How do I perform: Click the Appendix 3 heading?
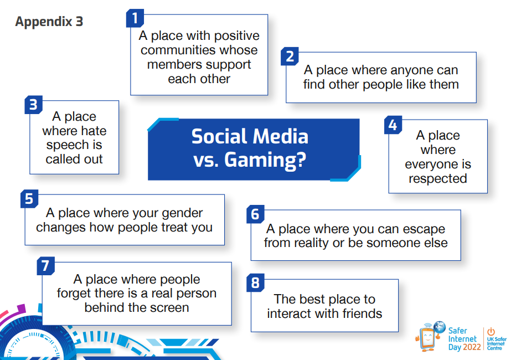tap(49, 22)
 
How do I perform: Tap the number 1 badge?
tap(135, 18)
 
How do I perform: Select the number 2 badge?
tap(290, 56)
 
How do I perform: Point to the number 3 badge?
tap(34, 105)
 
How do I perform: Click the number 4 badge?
tap(393, 125)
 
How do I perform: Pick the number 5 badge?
tap(29, 199)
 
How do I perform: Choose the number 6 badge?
tap(255, 214)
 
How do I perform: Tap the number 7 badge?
tap(46, 266)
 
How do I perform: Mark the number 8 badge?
tap(255, 282)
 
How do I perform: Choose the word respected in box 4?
tap(438, 179)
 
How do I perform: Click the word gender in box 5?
tap(182, 213)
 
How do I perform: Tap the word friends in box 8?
tap(362, 313)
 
